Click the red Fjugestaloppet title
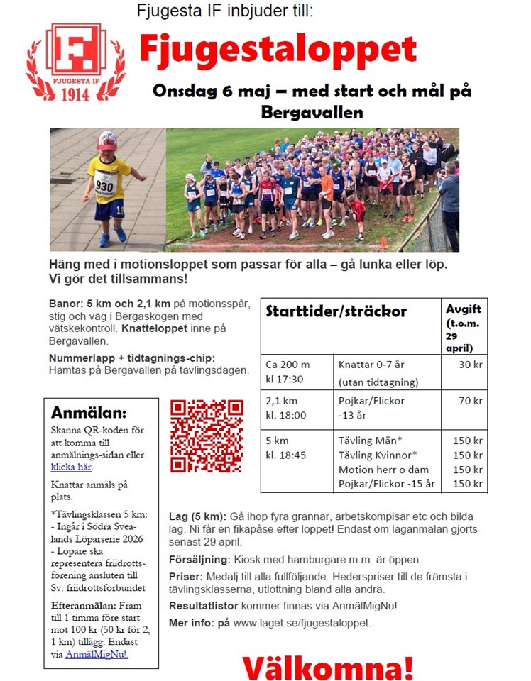pyautogui.click(x=278, y=50)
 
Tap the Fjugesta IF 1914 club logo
pyautogui.click(x=75, y=62)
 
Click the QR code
pyautogui.click(x=207, y=436)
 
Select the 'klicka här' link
pyautogui.click(x=71, y=467)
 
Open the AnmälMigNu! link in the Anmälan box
pyautogui.click(x=98, y=654)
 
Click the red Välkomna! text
pyautogui.click(x=327, y=668)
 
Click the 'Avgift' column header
pyautogui.click(x=464, y=309)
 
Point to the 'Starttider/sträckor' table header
pyautogui.click(x=336, y=311)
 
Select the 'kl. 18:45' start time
pyautogui.click(x=285, y=455)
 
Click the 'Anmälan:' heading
pyautogui.click(x=89, y=413)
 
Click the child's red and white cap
pyautogui.click(x=106, y=140)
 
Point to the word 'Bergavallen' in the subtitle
pyautogui.click(x=312, y=112)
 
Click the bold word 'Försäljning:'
pyautogui.click(x=199, y=559)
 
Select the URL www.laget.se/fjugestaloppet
pyautogui.click(x=301, y=623)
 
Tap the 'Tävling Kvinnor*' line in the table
pyautogui.click(x=377, y=455)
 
